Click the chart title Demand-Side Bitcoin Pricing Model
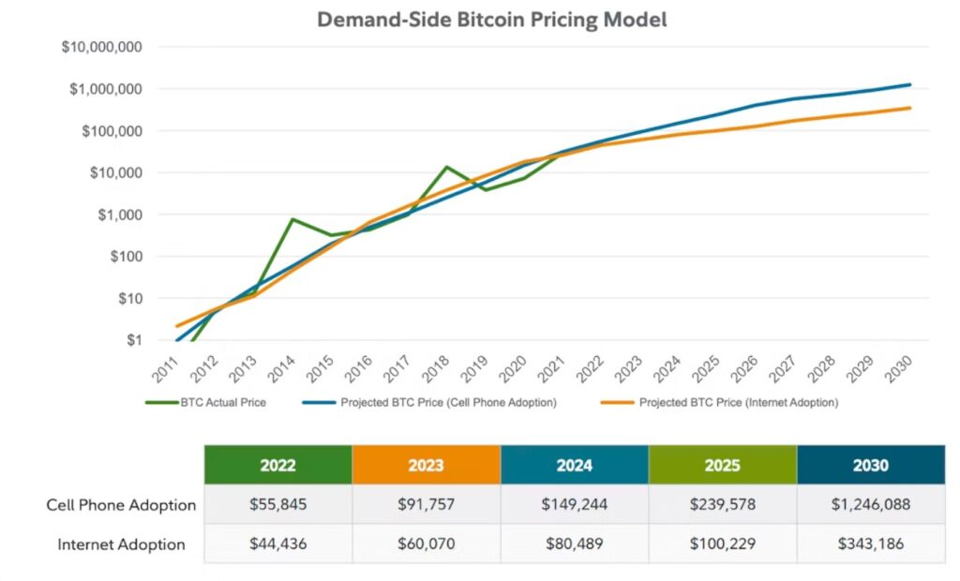click(491, 20)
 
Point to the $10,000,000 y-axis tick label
click(101, 47)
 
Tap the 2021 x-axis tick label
click(553, 366)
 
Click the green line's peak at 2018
click(447, 167)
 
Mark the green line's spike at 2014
click(293, 219)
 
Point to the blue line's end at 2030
click(909, 84)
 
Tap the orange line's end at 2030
click(909, 108)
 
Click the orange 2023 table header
click(427, 465)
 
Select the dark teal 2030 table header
click(870, 465)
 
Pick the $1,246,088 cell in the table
click(870, 505)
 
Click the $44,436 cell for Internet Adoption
click(278, 544)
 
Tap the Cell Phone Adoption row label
click(121, 505)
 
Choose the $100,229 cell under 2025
click(722, 544)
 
